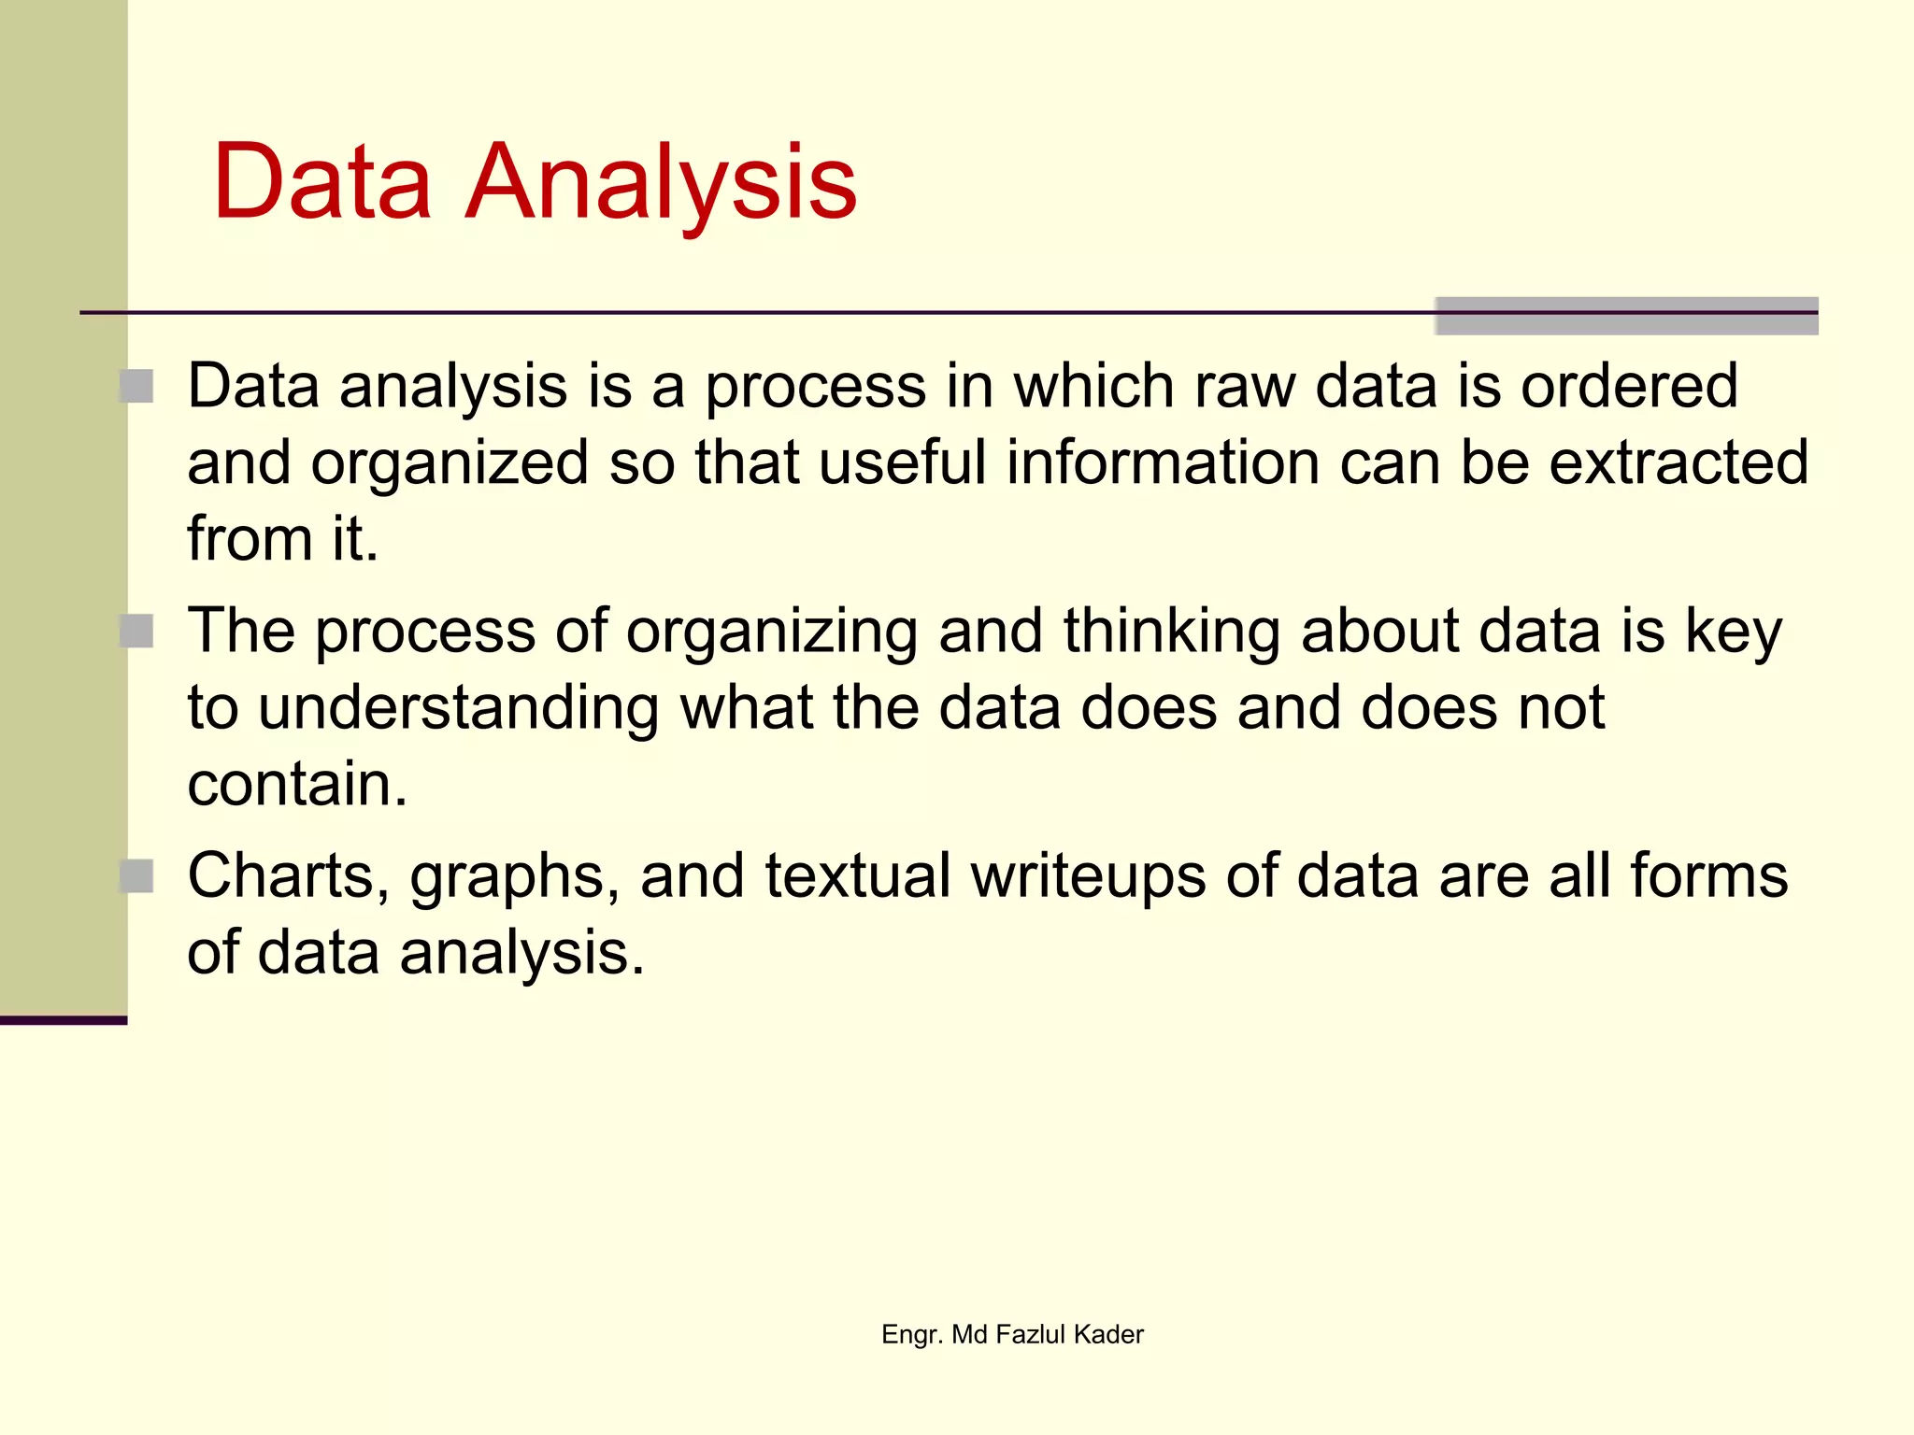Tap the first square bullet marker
click(137, 386)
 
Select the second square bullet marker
click(137, 632)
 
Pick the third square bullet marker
click(137, 876)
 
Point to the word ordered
click(1629, 386)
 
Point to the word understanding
click(458, 708)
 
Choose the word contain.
click(297, 785)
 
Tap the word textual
click(858, 876)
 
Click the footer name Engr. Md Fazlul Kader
click(1012, 1334)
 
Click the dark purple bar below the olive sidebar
click(63, 1020)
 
